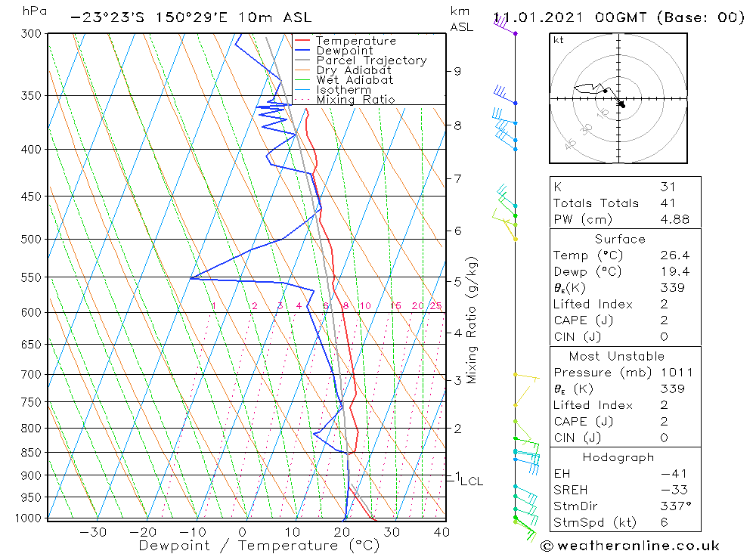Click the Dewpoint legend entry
345,51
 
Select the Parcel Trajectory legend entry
371,60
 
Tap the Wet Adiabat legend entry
355,80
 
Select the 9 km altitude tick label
457,71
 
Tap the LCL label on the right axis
471,481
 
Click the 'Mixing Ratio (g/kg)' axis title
472,320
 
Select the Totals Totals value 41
668,203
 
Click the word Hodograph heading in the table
618,457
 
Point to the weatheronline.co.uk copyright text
631,546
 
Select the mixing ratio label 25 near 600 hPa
435,306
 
